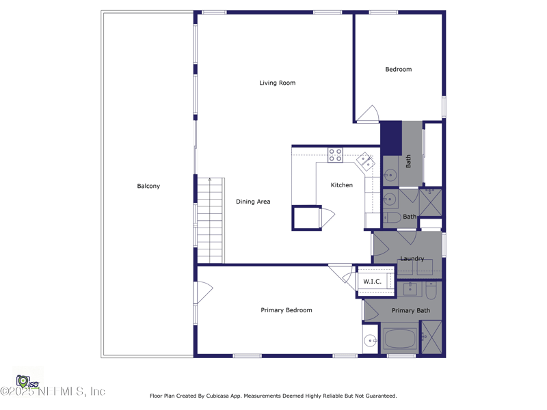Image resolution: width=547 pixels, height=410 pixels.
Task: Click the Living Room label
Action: coord(278,83)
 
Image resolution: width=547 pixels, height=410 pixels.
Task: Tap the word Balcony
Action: coord(148,186)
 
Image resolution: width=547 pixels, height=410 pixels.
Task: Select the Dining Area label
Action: coord(253,202)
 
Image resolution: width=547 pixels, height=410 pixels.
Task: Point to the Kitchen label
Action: coord(341,185)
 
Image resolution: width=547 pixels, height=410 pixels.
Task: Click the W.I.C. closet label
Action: coord(372,282)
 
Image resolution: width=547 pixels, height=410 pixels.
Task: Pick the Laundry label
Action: coord(412,259)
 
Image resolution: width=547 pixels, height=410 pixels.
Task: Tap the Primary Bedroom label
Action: coord(286,310)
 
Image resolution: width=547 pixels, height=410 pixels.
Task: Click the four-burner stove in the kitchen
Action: coord(335,155)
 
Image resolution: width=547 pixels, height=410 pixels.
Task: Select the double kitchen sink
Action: coord(366,161)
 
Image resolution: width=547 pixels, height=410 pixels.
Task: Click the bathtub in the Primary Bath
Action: coord(400,338)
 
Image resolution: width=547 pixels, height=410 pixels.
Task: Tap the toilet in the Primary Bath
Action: coord(431,291)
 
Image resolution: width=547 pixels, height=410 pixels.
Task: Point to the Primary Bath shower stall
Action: coord(431,337)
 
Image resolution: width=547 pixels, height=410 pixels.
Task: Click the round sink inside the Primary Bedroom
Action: coord(370,340)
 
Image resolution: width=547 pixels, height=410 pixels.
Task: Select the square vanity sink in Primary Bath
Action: coord(410,288)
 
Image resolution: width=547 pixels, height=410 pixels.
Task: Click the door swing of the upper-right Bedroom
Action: coord(368,113)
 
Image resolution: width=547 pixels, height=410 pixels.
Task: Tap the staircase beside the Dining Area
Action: coord(210,221)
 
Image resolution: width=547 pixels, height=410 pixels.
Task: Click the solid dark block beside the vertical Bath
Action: coord(391,138)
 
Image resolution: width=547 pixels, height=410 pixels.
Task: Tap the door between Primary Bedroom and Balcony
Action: coord(204,292)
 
